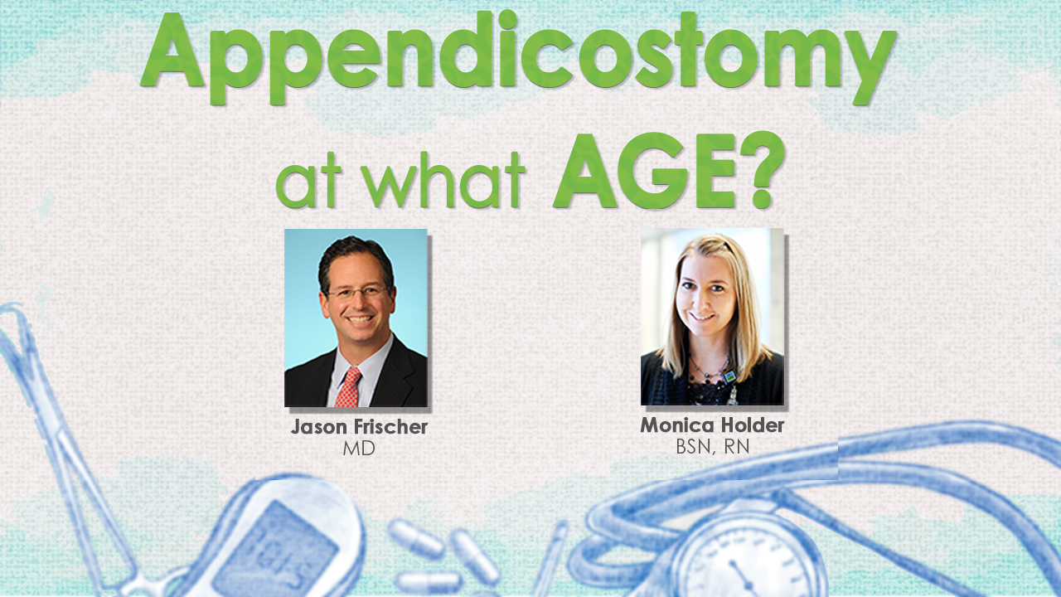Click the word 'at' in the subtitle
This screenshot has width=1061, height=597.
[x=307, y=185]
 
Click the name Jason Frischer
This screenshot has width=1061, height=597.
[x=359, y=427]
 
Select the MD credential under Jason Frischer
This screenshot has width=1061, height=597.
[x=359, y=449]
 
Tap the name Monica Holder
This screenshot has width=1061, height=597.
[x=712, y=425]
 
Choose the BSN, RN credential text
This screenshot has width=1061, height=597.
[x=712, y=447]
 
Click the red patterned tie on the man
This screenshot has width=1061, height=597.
[x=348, y=386]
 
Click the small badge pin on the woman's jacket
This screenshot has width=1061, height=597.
[x=729, y=377]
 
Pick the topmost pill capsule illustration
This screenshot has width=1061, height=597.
[x=416, y=538]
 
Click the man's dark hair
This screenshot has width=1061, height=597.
[x=356, y=258]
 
